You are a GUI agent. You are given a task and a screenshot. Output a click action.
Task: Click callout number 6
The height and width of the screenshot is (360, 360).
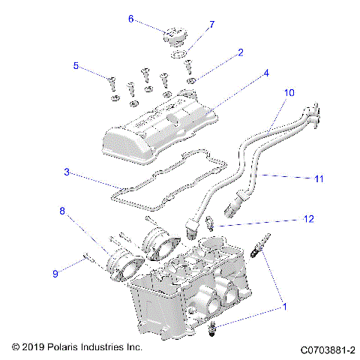pyautogui.click(x=130, y=19)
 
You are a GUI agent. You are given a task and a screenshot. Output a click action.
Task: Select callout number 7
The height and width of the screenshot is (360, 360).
pyautogui.click(x=211, y=25)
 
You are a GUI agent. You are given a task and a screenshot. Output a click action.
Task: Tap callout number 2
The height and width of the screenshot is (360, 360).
pyautogui.click(x=240, y=52)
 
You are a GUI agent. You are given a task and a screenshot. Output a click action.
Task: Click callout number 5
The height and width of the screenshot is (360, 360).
pyautogui.click(x=76, y=66)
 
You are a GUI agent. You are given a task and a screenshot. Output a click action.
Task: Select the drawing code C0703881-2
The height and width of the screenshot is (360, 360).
pyautogui.click(x=328, y=349)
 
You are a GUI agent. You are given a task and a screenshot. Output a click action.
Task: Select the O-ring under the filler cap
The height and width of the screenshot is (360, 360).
pyautogui.click(x=178, y=54)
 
